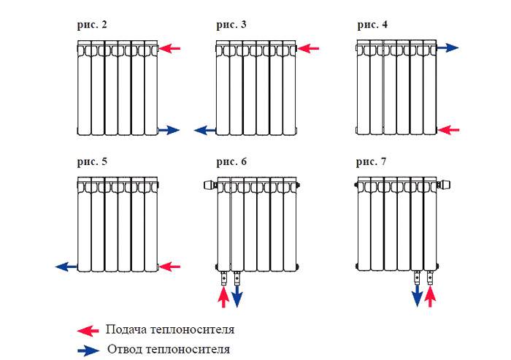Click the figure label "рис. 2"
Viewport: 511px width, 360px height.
click(92, 25)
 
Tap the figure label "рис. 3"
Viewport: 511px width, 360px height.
click(231, 25)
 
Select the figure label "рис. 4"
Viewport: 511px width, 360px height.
click(372, 25)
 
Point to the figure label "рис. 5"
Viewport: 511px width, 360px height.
click(92, 162)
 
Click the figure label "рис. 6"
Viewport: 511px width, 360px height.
click(231, 162)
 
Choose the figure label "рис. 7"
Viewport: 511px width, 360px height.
click(371, 162)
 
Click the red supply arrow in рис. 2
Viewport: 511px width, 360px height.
click(169, 49)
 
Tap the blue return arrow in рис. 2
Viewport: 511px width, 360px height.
click(169, 130)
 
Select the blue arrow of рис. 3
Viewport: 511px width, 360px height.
click(205, 131)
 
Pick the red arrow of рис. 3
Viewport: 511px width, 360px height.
click(308, 49)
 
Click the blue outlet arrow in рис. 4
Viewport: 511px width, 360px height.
click(447, 47)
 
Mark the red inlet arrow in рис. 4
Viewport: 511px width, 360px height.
click(448, 130)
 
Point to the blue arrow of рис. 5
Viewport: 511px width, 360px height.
click(66, 267)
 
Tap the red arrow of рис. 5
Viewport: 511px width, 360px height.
click(169, 267)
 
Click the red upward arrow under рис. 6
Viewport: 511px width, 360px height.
click(223, 296)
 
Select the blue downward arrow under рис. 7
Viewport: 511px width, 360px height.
click(417, 296)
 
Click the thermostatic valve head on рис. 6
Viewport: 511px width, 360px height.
click(210, 185)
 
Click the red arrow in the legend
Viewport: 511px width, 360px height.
click(88, 331)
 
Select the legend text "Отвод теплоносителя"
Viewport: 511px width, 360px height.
click(169, 349)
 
